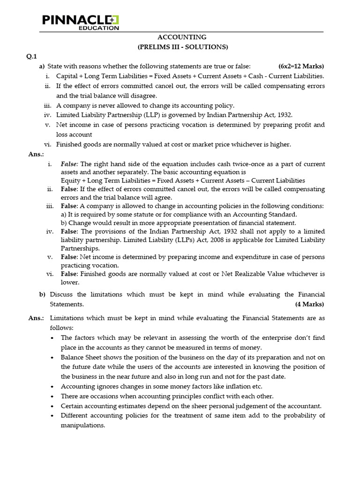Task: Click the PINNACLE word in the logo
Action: click(x=75, y=20)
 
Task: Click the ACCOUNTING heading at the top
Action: click(x=182, y=37)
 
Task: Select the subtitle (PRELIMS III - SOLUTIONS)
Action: click(x=182, y=47)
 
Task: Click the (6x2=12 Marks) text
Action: click(x=301, y=66)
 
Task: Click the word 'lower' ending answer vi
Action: click(x=69, y=282)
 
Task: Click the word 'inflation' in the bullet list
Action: click(x=221, y=386)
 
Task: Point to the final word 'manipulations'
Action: click(x=83, y=425)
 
